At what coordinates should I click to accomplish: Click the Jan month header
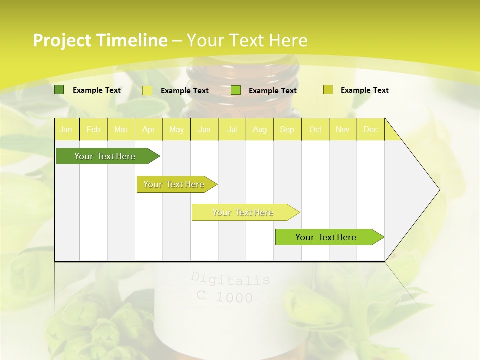66,130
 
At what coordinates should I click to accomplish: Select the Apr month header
148,130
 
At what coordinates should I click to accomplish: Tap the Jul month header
232,130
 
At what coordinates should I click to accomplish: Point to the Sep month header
287,130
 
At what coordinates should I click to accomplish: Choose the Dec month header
370,130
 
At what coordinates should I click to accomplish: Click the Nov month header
342,130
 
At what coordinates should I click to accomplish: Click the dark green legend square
59,90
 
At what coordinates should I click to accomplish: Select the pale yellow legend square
147,90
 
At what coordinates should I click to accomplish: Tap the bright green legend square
236,90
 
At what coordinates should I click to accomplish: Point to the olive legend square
328,90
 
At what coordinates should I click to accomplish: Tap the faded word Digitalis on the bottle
230,279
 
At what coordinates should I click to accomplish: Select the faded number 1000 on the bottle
234,298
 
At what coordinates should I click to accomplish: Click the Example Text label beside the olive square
364,90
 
